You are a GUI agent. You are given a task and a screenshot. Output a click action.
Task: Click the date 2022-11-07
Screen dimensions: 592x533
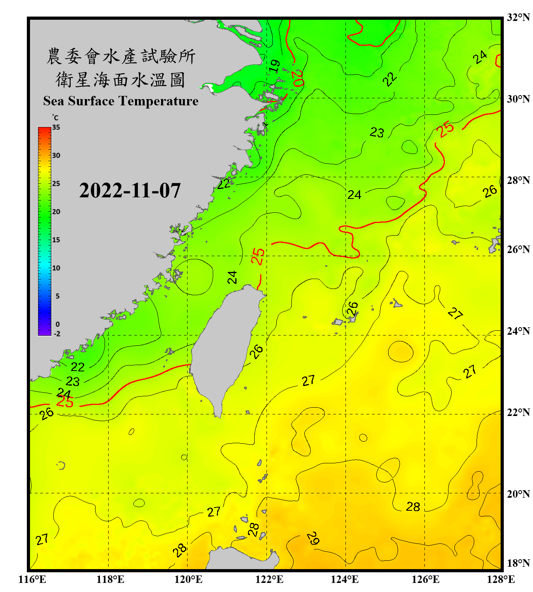130,190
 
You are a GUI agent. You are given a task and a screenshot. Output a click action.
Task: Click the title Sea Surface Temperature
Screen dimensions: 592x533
121,101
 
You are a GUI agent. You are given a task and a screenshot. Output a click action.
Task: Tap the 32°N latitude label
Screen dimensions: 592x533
518,17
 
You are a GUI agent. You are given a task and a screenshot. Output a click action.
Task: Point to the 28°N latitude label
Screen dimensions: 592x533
518,180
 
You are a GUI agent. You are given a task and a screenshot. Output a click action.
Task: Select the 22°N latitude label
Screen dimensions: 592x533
518,412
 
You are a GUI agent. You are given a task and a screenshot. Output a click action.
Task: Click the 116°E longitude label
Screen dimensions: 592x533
32,579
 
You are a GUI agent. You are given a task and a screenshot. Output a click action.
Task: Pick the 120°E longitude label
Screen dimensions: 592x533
188,579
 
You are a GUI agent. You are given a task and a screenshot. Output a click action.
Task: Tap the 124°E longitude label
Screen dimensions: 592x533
345,579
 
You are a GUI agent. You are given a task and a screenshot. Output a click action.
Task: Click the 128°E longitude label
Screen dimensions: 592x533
501,579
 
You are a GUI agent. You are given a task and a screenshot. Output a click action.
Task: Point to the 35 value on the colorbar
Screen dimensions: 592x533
56,127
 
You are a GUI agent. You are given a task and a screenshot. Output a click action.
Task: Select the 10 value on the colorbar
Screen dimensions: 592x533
56,268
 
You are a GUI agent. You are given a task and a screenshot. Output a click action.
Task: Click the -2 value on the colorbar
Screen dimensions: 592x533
57,333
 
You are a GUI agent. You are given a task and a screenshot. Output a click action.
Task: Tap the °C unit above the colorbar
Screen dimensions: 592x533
55,118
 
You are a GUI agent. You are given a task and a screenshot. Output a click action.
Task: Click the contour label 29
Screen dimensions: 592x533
313,538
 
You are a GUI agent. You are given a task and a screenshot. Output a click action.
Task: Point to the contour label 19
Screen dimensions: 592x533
275,66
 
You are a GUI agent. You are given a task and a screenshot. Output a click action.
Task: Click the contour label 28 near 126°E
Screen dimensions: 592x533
413,507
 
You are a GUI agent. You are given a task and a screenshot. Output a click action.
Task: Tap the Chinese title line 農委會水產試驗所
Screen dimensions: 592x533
121,56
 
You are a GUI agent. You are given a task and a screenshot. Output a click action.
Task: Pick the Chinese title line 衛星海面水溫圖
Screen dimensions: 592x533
121,80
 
